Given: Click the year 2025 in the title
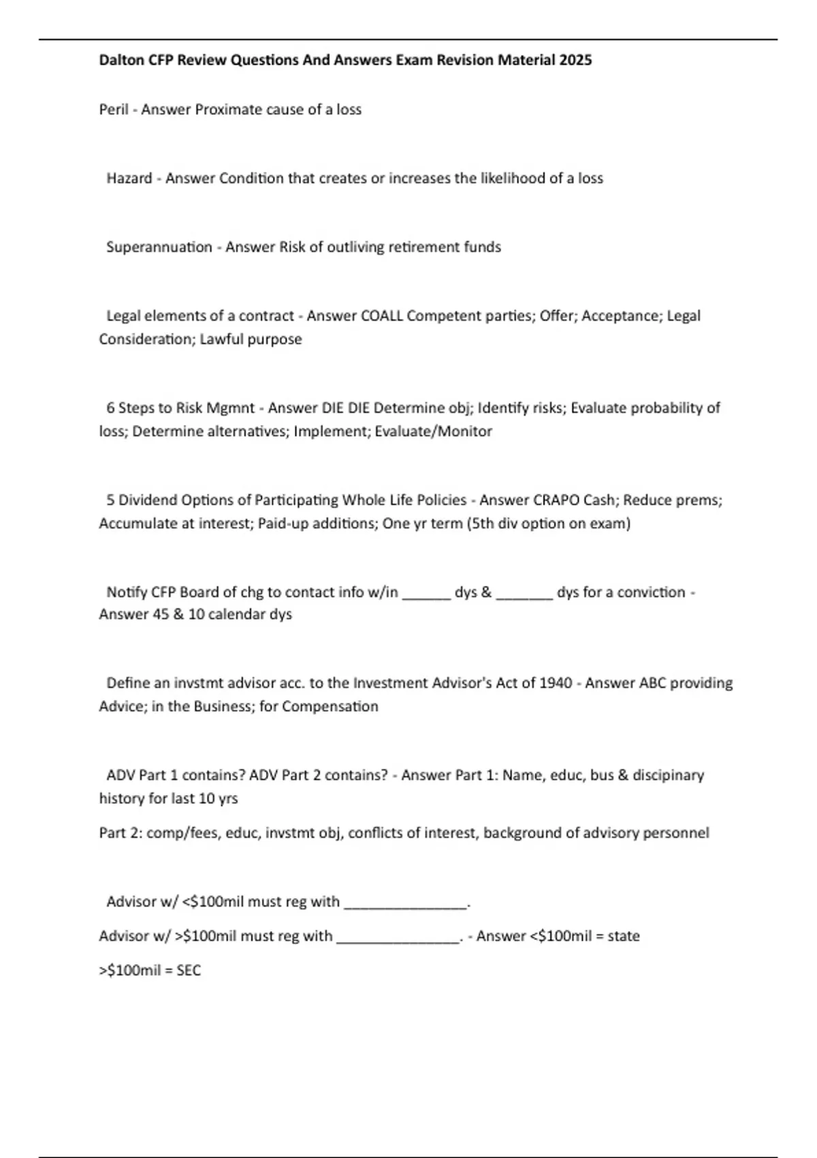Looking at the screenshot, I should [575, 60].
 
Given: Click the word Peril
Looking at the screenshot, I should [113, 110].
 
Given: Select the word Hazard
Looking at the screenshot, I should [129, 178].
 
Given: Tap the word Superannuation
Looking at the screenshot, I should [159, 247].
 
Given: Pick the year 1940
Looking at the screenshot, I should [555, 683].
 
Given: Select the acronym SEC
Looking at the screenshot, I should [189, 971].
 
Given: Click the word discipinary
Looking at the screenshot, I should [668, 775].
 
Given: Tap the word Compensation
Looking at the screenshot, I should [330, 706].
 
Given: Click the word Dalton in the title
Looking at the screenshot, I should [121, 60].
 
